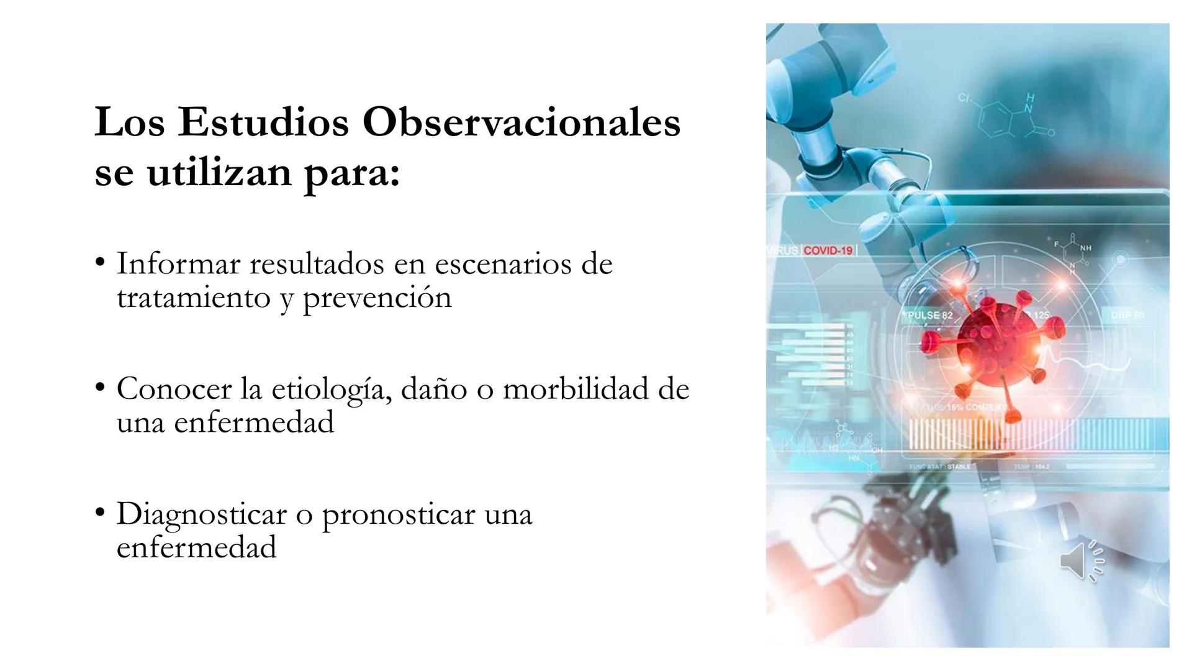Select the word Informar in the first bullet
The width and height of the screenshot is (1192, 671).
coord(178,263)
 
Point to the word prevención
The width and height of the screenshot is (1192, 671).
coord(377,298)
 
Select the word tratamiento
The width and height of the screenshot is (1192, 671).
coord(193,298)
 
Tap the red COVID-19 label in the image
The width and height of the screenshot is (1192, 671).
coord(828,250)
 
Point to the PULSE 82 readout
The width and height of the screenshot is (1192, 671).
coord(929,316)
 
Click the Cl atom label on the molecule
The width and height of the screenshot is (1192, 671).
coord(963,98)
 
